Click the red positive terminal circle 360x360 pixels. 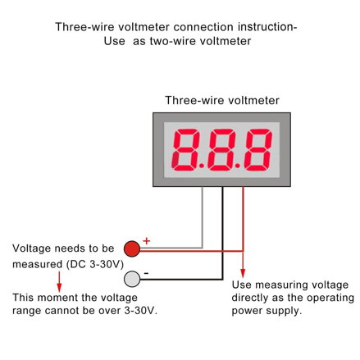click(132, 248)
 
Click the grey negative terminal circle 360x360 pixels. click(132, 279)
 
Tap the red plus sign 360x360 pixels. click(147, 241)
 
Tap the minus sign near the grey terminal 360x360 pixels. click(146, 273)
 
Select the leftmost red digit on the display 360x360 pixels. click(185, 150)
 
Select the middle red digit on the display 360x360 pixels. click(221, 150)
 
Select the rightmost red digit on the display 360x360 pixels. click(258, 150)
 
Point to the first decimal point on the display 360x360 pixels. click(202, 166)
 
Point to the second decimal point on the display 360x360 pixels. click(238, 166)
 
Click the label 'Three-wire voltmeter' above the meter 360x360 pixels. click(222, 100)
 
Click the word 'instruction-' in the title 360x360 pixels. click(267, 27)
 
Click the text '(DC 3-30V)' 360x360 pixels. click(95, 264)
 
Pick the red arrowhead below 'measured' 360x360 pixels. click(59, 288)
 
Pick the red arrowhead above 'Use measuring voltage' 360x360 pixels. click(243, 273)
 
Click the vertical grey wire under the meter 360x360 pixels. click(203, 217)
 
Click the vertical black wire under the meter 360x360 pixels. click(222, 233)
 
